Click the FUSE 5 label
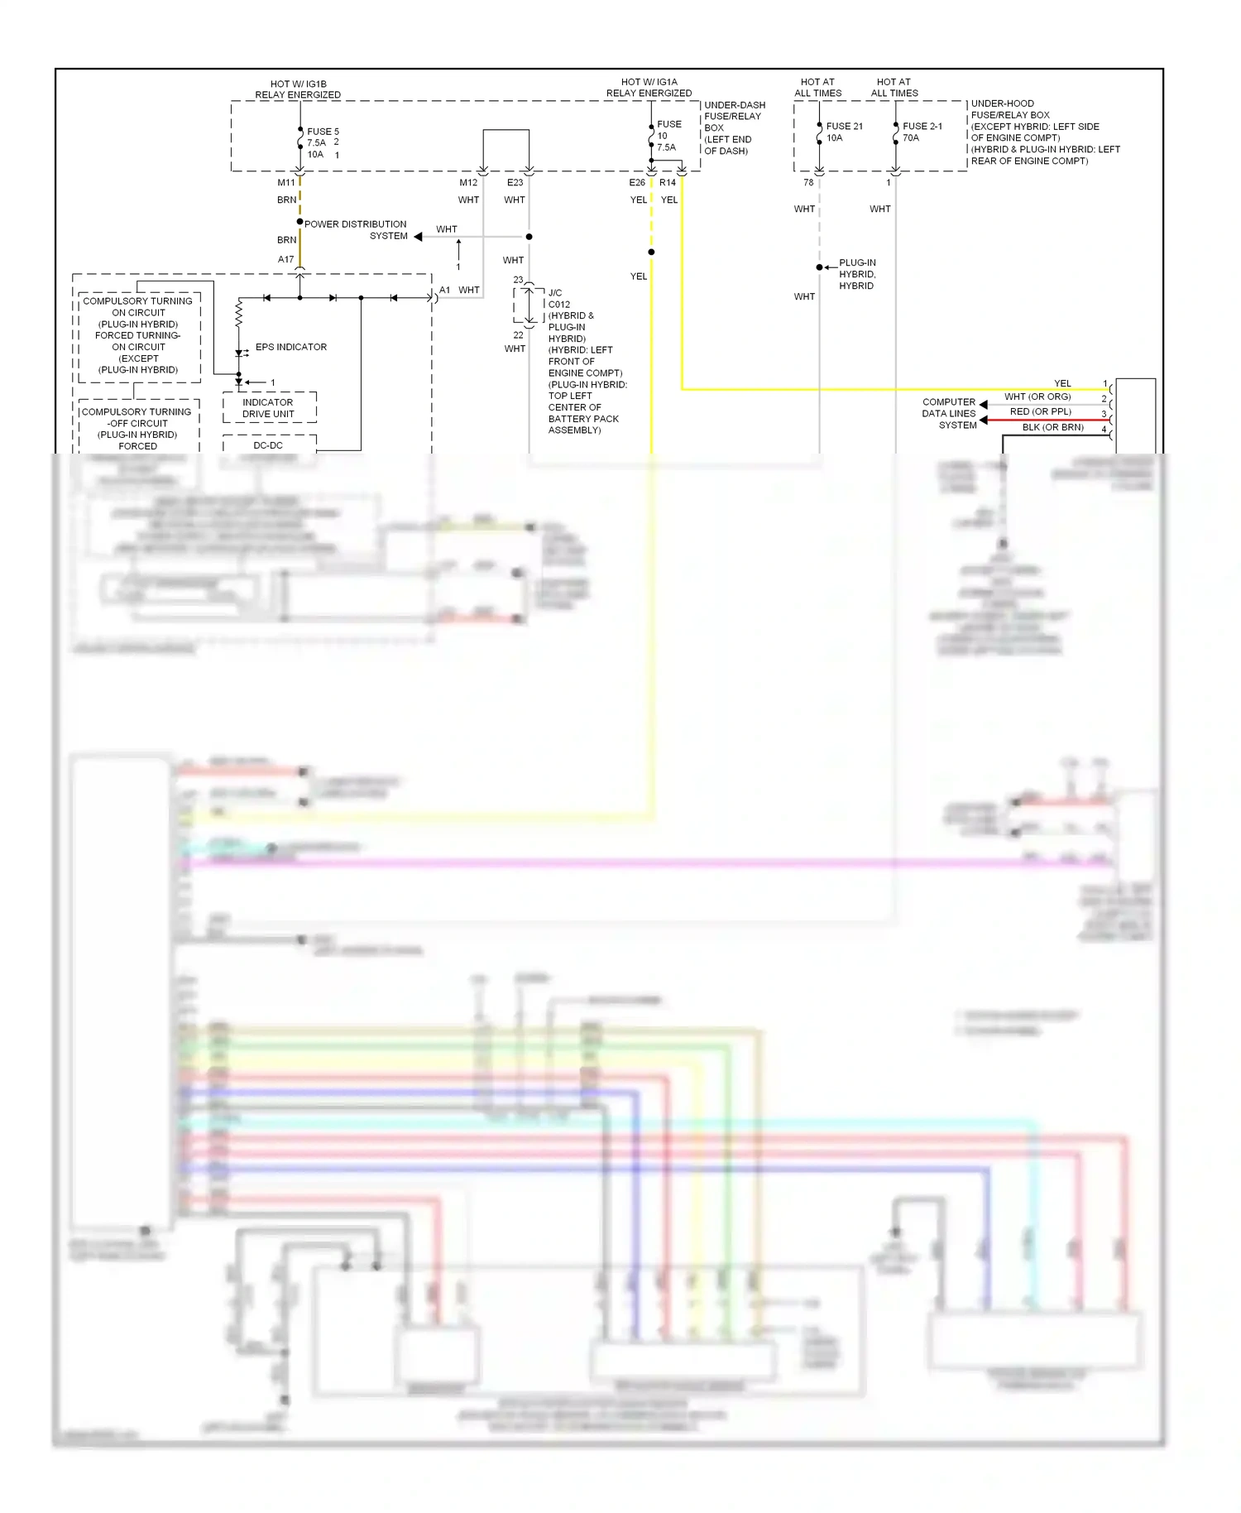coord(323,132)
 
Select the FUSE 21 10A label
coord(844,132)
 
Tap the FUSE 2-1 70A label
coord(922,132)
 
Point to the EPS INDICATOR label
coord(290,347)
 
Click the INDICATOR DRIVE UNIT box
coord(269,407)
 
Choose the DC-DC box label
coord(268,445)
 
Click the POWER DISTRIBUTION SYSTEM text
coord(356,229)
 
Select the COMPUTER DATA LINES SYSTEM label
coord(949,413)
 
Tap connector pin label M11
coord(286,182)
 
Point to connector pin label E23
coord(515,182)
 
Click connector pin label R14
coord(668,182)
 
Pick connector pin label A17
coord(286,259)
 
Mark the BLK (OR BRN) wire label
coord(1052,427)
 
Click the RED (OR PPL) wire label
coord(1040,411)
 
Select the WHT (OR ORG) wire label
coord(1037,396)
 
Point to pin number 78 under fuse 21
coord(808,182)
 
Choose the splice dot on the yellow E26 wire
coord(651,252)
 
